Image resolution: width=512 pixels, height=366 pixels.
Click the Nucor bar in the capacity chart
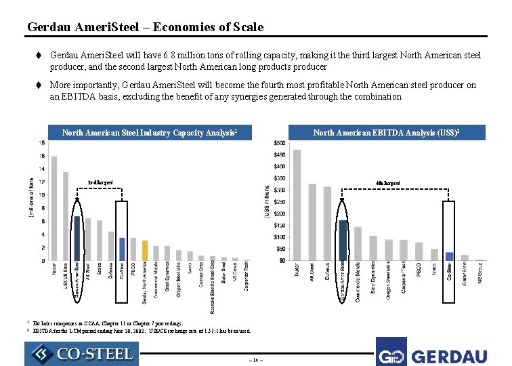(54, 208)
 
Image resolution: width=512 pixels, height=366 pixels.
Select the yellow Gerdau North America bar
(145, 250)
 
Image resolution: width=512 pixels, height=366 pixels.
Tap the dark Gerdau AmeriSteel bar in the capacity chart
(77, 239)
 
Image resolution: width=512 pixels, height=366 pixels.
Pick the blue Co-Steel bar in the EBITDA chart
(449, 256)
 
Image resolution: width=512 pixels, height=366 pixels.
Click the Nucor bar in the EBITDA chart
(297, 205)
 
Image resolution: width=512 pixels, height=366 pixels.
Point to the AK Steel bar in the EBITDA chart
(312, 222)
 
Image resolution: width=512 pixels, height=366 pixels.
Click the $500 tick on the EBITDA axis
(278, 143)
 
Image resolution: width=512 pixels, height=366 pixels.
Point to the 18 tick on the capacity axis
(42, 143)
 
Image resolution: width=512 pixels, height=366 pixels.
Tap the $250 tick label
(278, 202)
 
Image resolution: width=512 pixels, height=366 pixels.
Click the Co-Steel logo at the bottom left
(81, 354)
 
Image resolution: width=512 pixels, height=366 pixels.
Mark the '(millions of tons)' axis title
(31, 198)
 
